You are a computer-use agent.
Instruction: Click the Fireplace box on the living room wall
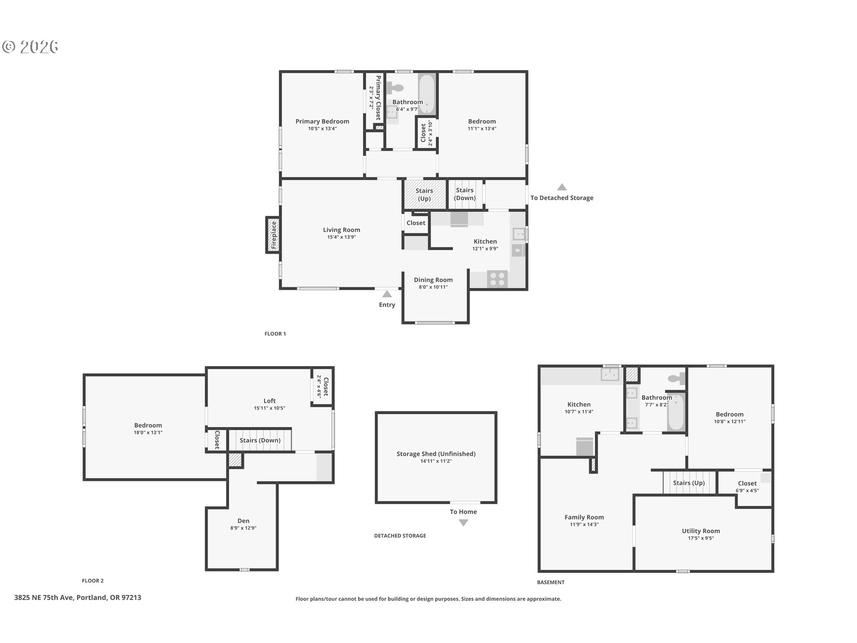tap(273, 235)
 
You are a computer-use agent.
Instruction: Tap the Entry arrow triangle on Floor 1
tap(387, 294)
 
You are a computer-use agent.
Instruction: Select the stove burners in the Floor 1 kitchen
tap(497, 279)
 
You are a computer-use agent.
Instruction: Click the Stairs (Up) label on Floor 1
tap(424, 195)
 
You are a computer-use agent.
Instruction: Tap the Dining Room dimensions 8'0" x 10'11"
tap(433, 287)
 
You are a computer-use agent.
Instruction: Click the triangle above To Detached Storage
tap(562, 188)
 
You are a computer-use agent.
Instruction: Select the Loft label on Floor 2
tap(270, 401)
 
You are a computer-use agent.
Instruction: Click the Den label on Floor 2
tap(243, 521)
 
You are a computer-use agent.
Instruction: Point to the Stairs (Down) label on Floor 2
tap(260, 440)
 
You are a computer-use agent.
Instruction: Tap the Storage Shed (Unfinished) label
tap(436, 454)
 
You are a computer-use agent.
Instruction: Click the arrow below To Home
tap(463, 523)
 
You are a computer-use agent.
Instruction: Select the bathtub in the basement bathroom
tap(676, 413)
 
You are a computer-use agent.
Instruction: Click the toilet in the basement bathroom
tap(676, 379)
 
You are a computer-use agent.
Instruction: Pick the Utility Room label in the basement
tap(701, 531)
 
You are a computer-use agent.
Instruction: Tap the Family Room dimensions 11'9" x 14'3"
tap(584, 525)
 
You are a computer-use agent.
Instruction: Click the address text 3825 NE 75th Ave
tap(78, 597)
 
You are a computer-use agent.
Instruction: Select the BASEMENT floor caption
tap(550, 582)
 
